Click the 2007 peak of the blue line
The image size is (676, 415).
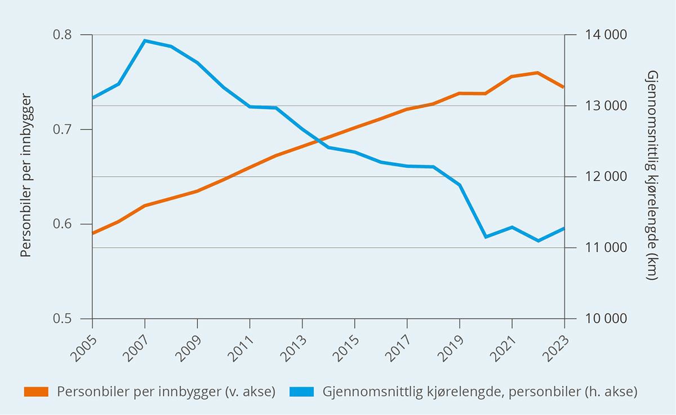pos(145,41)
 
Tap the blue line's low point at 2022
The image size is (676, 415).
pos(538,241)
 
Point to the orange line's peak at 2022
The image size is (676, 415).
pos(538,73)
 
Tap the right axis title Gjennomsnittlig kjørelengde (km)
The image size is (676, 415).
pos(652,176)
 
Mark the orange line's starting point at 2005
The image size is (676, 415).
pos(92,233)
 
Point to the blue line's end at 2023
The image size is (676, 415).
pos(564,228)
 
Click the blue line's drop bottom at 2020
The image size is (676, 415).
pos(486,237)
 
